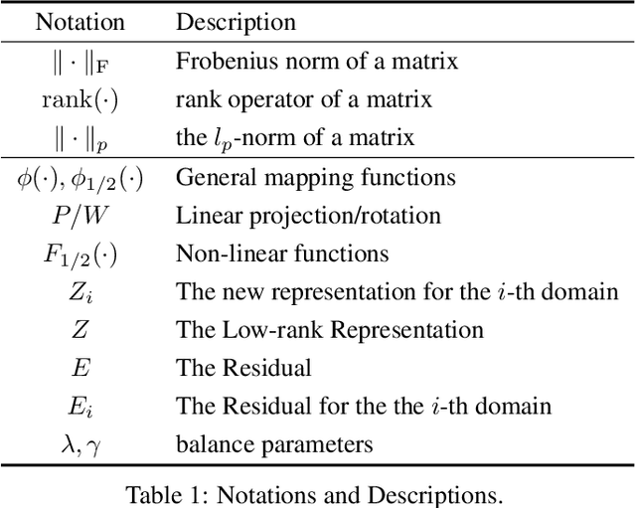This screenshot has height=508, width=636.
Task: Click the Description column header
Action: [x=236, y=22]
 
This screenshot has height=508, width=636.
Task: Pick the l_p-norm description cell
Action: [x=295, y=138]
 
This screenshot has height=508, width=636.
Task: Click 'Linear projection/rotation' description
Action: [x=308, y=216]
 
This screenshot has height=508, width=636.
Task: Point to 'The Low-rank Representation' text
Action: [x=329, y=330]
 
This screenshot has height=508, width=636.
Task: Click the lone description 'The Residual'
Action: [x=243, y=368]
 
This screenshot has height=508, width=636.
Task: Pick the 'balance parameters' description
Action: [x=274, y=444]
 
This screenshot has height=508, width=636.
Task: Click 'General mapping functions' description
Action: [x=315, y=178]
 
